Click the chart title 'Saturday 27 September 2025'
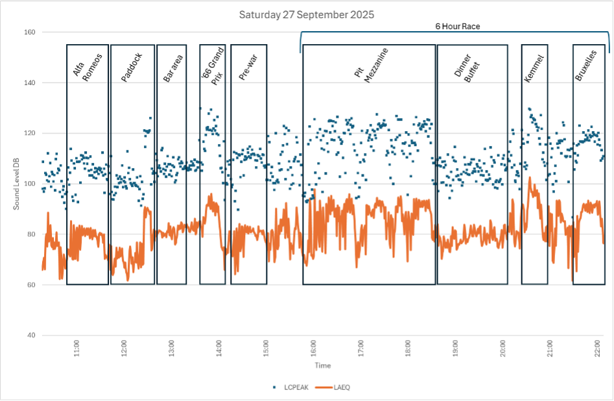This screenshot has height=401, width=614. point(306,14)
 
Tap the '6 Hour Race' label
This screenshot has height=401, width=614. point(457,27)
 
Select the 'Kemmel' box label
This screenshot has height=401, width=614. point(534,67)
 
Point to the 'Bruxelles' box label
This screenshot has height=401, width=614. point(585,66)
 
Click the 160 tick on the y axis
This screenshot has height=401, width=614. point(29,32)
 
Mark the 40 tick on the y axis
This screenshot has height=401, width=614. point(31,335)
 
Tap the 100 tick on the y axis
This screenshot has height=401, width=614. point(29,184)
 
